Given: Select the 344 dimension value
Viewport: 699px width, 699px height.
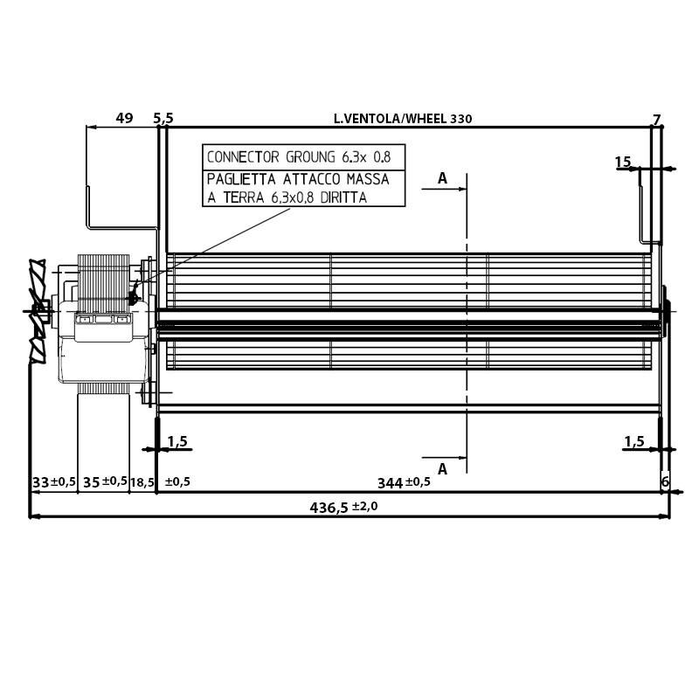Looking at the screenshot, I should pyautogui.click(x=391, y=482).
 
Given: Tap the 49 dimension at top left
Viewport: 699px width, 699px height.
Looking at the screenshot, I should pyautogui.click(x=124, y=118).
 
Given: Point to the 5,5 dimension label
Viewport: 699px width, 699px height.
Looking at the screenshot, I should pyautogui.click(x=163, y=118).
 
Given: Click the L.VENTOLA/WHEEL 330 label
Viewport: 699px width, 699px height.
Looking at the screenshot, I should pyautogui.click(x=403, y=119).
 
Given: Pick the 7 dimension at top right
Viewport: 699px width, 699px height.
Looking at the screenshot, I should pyautogui.click(x=657, y=119).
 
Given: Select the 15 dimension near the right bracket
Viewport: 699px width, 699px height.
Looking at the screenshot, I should pyautogui.click(x=623, y=162).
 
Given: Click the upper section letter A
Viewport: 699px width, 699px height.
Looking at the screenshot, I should pyautogui.click(x=442, y=178).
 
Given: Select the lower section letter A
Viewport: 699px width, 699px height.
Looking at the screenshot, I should pyautogui.click(x=442, y=469).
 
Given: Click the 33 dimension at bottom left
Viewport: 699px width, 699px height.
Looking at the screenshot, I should pyautogui.click(x=40, y=482).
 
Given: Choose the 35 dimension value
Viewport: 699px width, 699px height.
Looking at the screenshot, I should pyautogui.click(x=92, y=482).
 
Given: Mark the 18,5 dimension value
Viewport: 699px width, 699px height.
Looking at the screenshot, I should pyautogui.click(x=142, y=482).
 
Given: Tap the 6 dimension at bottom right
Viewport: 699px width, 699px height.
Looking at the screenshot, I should pyautogui.click(x=665, y=482).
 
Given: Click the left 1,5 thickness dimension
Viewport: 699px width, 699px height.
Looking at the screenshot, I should pyautogui.click(x=177, y=441).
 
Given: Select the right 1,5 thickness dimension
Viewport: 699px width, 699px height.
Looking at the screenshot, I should pyautogui.click(x=634, y=441).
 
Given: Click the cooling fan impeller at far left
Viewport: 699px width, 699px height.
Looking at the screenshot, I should pyautogui.click(x=37, y=310).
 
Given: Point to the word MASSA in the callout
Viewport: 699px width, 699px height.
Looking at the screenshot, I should pyautogui.click(x=366, y=179).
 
